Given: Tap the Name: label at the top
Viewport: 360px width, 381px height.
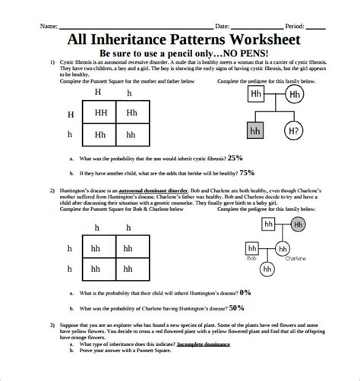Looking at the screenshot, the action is (48, 26).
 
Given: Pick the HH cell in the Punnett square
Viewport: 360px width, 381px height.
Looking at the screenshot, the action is (100, 114).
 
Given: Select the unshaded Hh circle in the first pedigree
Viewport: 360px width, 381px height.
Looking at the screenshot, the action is (295, 96).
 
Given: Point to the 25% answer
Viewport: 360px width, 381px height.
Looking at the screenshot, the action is (234, 158).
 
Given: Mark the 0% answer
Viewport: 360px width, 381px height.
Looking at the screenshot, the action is (245, 291).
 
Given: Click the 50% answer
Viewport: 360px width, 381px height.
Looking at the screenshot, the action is (236, 307).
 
